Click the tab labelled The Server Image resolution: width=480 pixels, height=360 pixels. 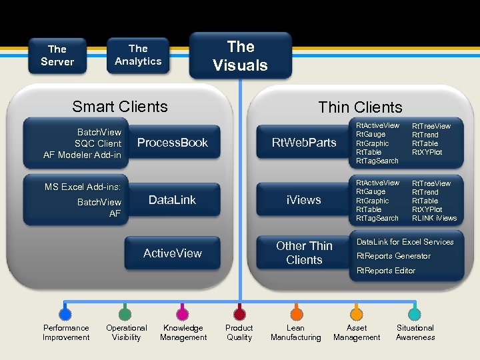tap(57, 55)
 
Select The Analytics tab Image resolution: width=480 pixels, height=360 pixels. tap(138, 55)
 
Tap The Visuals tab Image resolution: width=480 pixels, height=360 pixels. tap(240, 56)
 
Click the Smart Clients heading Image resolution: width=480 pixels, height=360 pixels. tap(120, 107)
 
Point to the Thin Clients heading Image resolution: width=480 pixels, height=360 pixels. tap(360, 107)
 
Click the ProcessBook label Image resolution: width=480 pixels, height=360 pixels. tap(172, 143)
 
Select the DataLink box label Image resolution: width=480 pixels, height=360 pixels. tap(172, 200)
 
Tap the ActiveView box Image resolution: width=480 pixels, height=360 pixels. tap(172, 253)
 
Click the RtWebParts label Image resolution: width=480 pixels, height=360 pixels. tap(304, 143)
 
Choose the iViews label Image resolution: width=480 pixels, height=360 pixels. tap(304, 200)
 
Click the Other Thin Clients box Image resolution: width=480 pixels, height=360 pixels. tap(304, 253)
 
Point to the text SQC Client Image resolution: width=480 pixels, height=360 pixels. tap(97, 143)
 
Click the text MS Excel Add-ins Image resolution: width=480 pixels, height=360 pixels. tap(83, 187)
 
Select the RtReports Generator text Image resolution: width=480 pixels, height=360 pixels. tap(393, 256)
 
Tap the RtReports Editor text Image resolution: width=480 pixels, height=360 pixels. tap(386, 271)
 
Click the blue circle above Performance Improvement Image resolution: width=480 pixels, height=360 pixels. tap(65, 313)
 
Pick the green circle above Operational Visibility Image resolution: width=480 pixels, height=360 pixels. tap(124, 313)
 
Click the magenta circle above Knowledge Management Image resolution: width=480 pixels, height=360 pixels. tap(183, 313)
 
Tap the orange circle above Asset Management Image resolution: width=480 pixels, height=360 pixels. tap(357, 313)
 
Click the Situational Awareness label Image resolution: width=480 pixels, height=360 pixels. tap(415, 333)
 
